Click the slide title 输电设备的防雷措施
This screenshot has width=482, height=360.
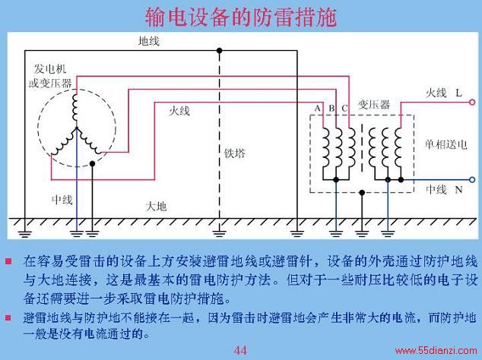(x=241, y=17)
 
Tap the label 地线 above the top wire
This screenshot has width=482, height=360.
(x=149, y=41)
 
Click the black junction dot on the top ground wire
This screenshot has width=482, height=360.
(x=219, y=50)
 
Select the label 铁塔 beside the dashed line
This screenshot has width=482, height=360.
(x=235, y=153)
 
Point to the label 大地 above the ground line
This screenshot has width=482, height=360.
(x=156, y=207)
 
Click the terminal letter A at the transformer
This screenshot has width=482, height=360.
(x=318, y=108)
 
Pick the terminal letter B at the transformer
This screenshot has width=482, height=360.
(x=331, y=108)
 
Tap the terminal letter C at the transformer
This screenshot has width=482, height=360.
(x=344, y=108)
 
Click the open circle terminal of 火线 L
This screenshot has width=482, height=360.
(x=472, y=103)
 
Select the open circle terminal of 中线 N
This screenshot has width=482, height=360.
(x=472, y=180)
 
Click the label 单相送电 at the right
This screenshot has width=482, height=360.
(x=446, y=144)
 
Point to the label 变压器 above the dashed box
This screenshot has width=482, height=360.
(x=374, y=105)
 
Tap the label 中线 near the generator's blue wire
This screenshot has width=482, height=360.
(x=62, y=200)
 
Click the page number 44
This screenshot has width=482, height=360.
(x=240, y=350)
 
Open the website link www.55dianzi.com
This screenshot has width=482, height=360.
(x=436, y=350)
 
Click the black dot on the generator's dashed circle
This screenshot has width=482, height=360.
(x=92, y=164)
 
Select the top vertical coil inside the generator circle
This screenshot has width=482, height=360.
(x=75, y=107)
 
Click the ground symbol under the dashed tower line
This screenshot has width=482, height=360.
(x=219, y=233)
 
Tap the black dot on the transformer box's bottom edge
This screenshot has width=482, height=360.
(x=362, y=193)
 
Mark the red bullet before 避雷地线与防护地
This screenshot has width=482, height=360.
(x=8, y=317)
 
